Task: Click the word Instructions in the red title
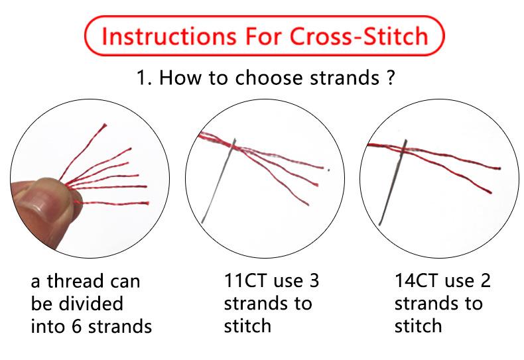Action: point(168,36)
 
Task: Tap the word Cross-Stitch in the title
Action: point(359,36)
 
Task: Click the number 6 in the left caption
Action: point(76,326)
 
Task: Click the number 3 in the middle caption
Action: point(314,280)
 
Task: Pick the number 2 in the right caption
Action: point(486,280)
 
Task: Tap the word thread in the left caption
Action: point(74,280)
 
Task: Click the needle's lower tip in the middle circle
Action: point(202,222)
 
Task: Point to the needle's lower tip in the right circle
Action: point(380,224)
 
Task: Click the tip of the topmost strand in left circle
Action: point(105,125)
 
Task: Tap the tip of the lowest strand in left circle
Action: point(147,203)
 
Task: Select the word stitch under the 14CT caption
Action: point(418,326)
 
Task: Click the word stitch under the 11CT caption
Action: point(247,326)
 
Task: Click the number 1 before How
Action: point(141,78)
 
